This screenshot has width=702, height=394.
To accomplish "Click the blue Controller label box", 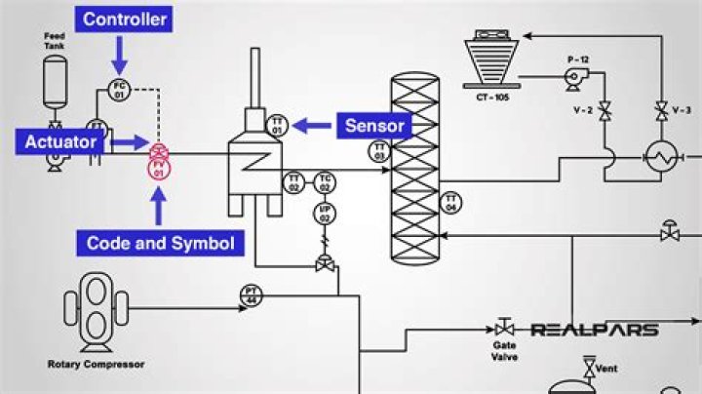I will pyautogui.click(x=125, y=19).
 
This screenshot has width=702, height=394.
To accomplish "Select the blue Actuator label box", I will pyautogui.click(x=61, y=142).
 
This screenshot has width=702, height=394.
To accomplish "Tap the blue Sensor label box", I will pyautogui.click(x=374, y=125).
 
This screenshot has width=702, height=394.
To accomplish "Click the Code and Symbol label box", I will pyautogui.click(x=161, y=243).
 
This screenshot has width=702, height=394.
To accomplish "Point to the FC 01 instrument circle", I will pyautogui.click(x=119, y=90).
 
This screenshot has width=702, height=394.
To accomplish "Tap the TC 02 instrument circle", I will pyautogui.click(x=326, y=181).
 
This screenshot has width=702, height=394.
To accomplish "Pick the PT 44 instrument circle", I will pyautogui.click(x=251, y=295).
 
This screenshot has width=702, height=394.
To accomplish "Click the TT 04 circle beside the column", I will pyautogui.click(x=451, y=202).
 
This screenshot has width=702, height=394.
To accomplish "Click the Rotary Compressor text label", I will pyautogui.click(x=96, y=365).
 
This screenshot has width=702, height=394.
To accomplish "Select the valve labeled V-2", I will pyautogui.click(x=604, y=110).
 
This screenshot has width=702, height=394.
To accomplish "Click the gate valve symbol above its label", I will pyautogui.click(x=505, y=329).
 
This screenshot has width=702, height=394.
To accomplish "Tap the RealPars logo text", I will pyautogui.click(x=594, y=331).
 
